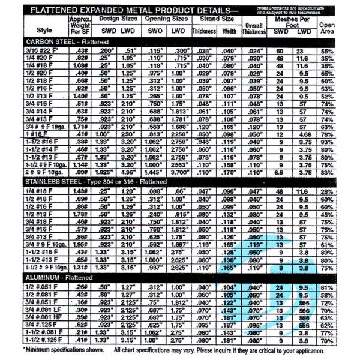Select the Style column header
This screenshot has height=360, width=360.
point(44,29)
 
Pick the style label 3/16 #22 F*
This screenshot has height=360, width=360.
point(41,50)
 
